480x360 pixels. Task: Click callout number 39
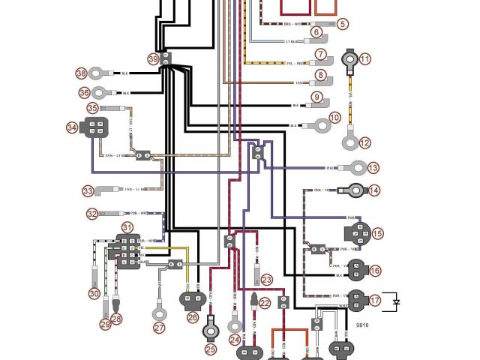[153, 58]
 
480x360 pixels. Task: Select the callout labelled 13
[373, 168]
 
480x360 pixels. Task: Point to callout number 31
[127, 227]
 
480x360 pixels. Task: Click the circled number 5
[343, 24]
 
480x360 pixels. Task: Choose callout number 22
[265, 304]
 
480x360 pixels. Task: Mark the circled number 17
[375, 301]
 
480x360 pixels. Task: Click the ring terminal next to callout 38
[99, 73]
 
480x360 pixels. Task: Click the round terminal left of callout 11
[349, 60]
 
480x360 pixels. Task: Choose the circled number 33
[88, 190]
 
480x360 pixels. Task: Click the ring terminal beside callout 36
[103, 94]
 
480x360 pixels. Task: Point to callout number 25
[211, 348]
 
